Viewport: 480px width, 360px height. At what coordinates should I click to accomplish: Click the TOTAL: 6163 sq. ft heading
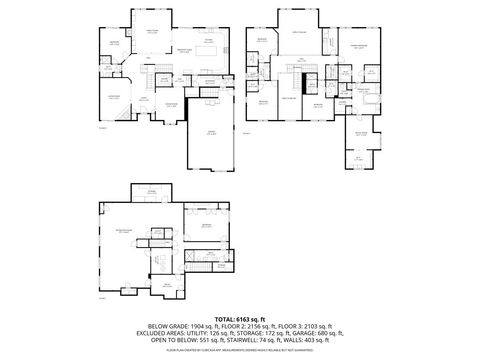(240, 319)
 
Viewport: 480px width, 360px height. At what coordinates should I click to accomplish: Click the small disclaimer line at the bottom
(240, 349)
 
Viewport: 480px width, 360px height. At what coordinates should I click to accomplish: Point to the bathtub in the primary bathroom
(366, 102)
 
